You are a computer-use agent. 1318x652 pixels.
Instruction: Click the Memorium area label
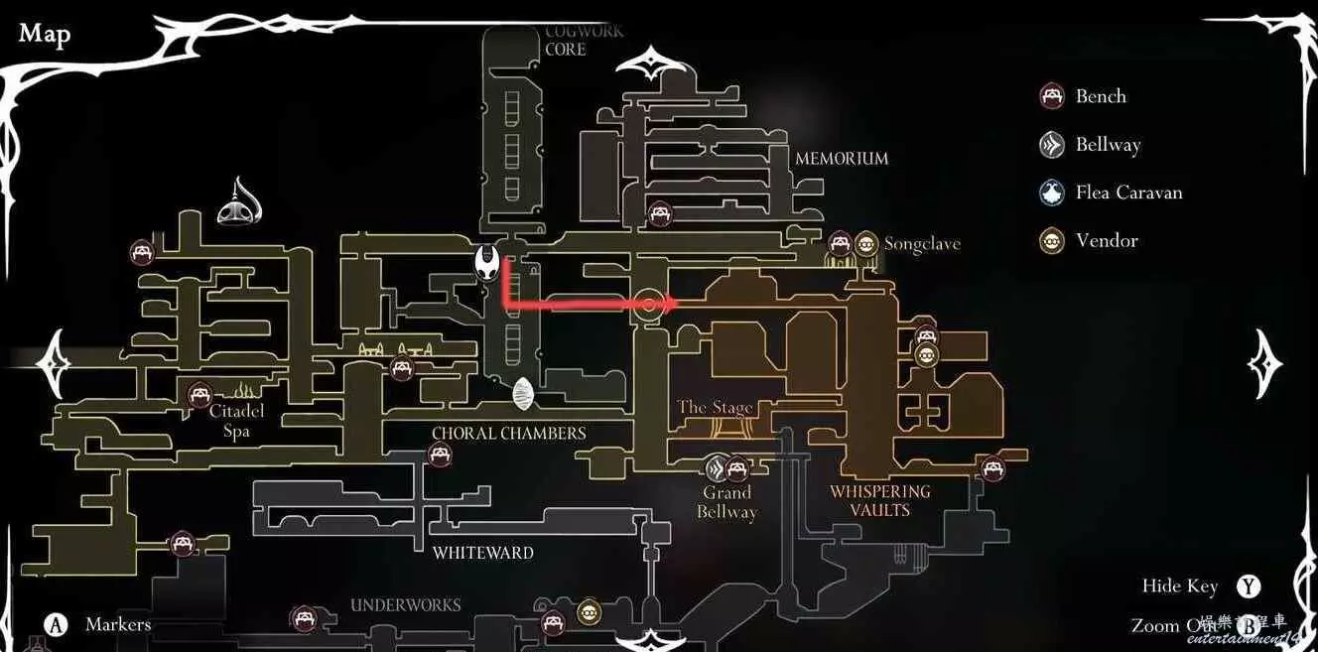(842, 159)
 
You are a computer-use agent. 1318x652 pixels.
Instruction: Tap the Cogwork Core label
(584, 40)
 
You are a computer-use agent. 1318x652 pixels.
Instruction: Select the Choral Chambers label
(508, 434)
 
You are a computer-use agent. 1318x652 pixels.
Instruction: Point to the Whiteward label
(483, 553)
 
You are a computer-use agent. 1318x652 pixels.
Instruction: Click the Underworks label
(405, 605)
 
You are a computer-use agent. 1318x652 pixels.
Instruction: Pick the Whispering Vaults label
(880, 500)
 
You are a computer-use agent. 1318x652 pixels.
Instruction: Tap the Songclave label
(922, 244)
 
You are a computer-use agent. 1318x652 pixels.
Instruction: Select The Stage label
(715, 407)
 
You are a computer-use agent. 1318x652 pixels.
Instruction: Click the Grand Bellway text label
(726, 502)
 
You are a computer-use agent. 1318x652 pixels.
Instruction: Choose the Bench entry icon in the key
(1052, 96)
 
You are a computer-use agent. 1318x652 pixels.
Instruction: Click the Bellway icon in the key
(1052, 145)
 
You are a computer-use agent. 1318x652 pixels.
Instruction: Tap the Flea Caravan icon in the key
(1052, 193)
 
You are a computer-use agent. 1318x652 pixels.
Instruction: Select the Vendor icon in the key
(1052, 241)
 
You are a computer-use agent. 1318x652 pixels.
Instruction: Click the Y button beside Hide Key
(1248, 587)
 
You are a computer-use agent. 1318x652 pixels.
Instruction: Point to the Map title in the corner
(45, 34)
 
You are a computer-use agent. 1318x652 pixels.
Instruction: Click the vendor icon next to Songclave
(866, 244)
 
